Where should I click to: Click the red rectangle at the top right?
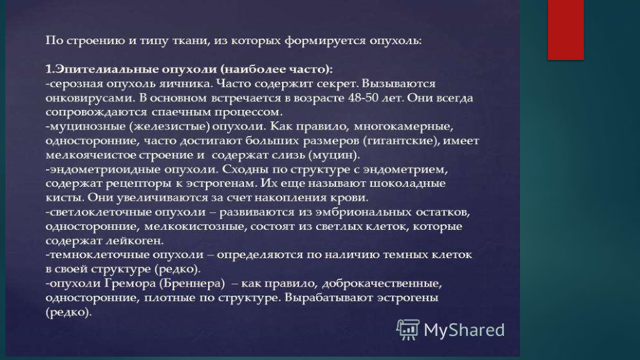pos(566,30)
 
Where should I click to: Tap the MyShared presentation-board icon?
pos(408,330)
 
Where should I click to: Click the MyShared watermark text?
pos(464,330)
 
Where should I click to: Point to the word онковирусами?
pos(89,98)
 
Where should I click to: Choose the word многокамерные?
pos(403,127)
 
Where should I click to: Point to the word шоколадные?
pos(407,184)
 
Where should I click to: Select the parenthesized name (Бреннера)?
pos(192,283)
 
